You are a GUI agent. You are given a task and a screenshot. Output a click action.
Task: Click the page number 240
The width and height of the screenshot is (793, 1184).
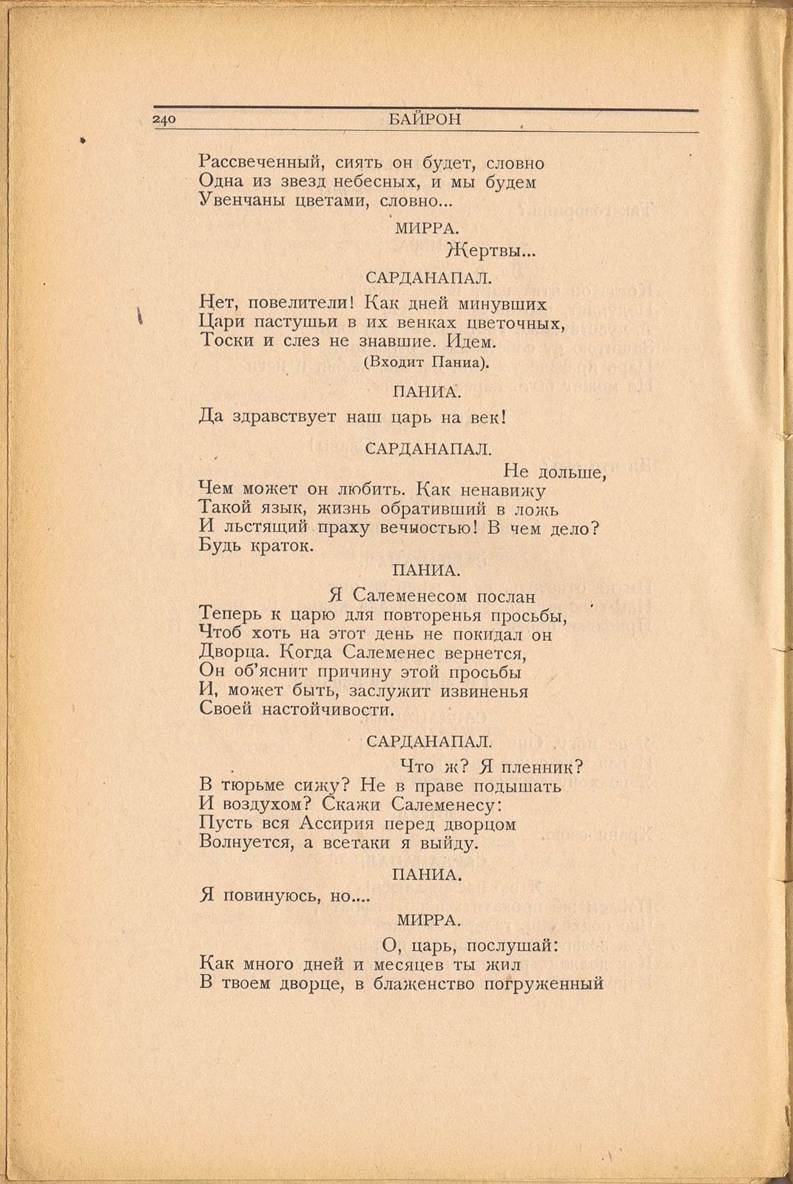(x=163, y=121)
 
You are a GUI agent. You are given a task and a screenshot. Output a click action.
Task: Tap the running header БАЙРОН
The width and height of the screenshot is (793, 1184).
(x=425, y=119)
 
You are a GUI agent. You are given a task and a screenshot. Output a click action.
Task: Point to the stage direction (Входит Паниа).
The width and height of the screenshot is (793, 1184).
(x=427, y=363)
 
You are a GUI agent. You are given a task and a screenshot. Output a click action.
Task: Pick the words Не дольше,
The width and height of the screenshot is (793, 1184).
(x=555, y=470)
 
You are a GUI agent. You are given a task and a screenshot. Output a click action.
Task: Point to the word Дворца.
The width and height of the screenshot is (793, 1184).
(x=230, y=653)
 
